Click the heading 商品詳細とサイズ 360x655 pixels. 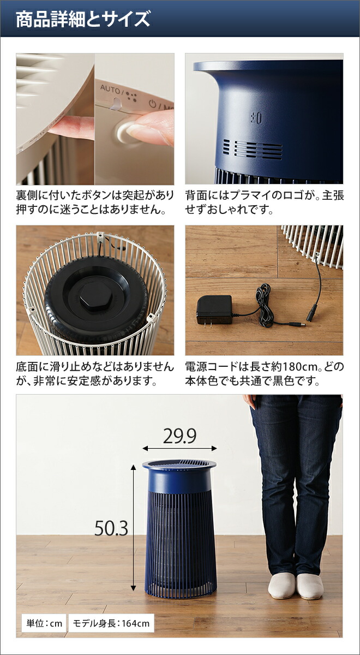coord(82,20)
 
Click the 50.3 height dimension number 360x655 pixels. coord(111,528)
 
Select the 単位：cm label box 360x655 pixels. coord(43,623)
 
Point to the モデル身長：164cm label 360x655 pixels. coord(111,623)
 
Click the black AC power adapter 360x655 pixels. coord(214,309)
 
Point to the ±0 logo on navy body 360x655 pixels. coord(256,117)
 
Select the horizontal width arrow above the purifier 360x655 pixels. coord(179,448)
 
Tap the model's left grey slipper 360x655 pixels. coord(281,585)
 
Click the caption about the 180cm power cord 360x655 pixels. coord(265,373)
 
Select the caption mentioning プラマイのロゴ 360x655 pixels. coord(265,203)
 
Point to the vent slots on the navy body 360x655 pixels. coord(251,148)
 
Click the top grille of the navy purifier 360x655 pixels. coord(179,463)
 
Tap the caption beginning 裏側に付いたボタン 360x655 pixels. coord(95,203)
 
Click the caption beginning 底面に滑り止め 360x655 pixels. coord(95,373)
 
